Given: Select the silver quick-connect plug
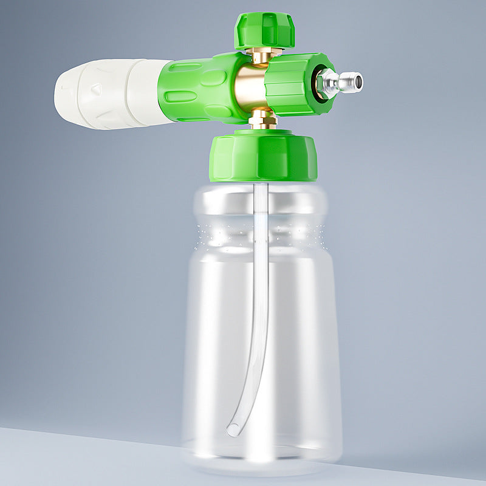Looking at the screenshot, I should [x=340, y=82].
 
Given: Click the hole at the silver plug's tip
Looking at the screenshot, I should [x=358, y=81].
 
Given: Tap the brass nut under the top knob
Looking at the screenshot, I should [x=262, y=56].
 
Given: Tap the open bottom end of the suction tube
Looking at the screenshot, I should [x=232, y=431].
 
